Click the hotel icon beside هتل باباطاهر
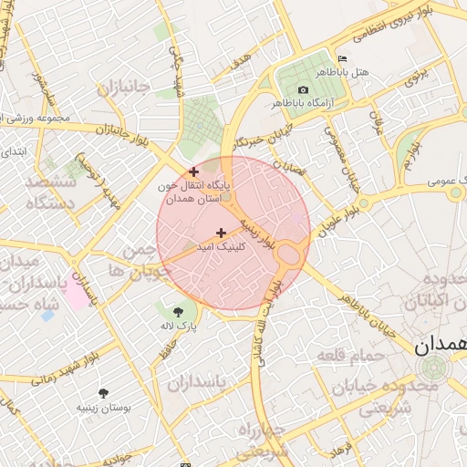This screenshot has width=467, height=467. pyautogui.click(x=342, y=58)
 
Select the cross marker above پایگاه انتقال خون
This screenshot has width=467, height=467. pyautogui.click(x=193, y=171)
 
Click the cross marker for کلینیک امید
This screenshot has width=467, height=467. pyautogui.click(x=221, y=233)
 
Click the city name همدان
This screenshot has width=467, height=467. pyautogui.click(x=441, y=346)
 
